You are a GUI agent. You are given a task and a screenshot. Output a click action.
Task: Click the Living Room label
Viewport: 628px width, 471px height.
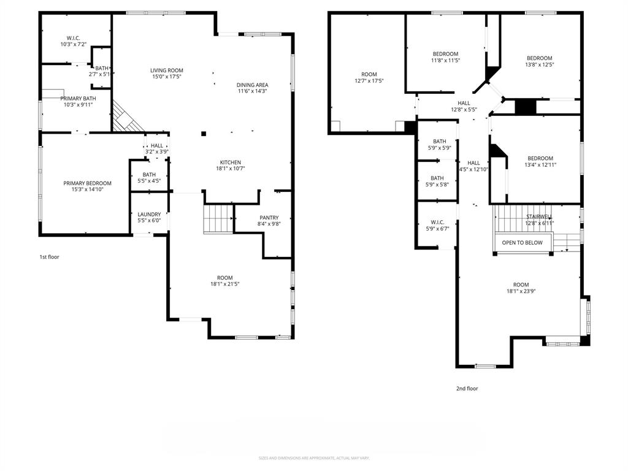click(x=167, y=71)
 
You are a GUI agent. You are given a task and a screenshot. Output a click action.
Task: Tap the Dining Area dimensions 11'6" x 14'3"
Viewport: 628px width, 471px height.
click(x=253, y=91)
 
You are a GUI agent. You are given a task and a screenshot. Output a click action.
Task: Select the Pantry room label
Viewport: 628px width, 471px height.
click(x=269, y=218)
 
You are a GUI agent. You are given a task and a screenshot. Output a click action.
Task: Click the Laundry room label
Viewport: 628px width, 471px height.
click(x=149, y=215)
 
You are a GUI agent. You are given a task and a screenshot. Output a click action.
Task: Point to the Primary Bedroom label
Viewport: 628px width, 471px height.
click(x=88, y=183)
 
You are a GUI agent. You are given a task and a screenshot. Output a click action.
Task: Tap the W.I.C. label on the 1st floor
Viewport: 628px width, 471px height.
click(x=73, y=38)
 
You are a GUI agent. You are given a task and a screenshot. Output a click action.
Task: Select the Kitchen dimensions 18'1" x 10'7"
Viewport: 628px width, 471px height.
click(x=231, y=169)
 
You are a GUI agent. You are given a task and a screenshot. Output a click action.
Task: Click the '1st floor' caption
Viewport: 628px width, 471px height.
click(x=49, y=257)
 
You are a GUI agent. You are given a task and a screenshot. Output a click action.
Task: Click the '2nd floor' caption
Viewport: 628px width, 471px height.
click(x=467, y=388)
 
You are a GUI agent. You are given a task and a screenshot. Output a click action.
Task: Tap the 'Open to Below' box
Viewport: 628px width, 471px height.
click(x=522, y=243)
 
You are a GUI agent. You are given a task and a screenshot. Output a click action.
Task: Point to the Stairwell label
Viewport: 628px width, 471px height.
click(x=538, y=217)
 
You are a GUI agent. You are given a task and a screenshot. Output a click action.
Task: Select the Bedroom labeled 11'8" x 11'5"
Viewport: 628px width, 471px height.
click(x=445, y=54)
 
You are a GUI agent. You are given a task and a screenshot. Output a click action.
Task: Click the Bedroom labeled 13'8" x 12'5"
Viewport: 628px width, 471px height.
click(x=539, y=58)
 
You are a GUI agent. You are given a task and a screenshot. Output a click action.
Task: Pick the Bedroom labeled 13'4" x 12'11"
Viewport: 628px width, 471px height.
click(x=540, y=158)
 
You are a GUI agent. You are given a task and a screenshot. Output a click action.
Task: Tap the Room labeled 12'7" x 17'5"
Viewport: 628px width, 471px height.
click(x=369, y=74)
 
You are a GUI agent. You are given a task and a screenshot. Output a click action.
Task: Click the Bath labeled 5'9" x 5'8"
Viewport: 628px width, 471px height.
click(x=437, y=178)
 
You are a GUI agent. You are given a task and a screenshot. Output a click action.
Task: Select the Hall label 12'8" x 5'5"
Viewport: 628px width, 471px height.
click(x=464, y=103)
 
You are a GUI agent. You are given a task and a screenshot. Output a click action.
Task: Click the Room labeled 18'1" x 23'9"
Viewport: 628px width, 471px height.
click(x=521, y=285)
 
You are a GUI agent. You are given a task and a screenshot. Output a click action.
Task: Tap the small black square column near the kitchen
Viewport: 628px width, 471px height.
click(x=204, y=132)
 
